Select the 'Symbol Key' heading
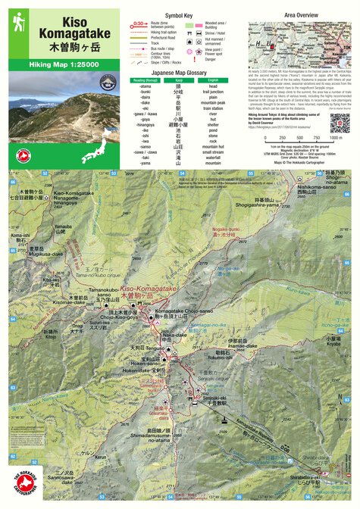(x=180, y=15)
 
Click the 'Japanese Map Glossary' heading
(x=179, y=73)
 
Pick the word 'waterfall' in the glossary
(x=214, y=156)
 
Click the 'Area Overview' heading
(x=301, y=14)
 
